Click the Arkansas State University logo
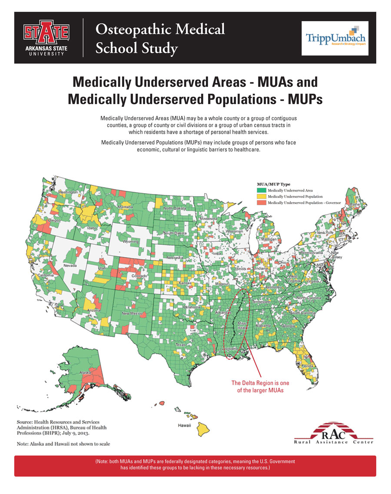46,37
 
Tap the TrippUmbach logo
335,38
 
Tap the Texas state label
180,344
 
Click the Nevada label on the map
70,265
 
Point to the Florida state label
307,366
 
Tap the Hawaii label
184,425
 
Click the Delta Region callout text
260,386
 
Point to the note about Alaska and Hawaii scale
63,444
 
